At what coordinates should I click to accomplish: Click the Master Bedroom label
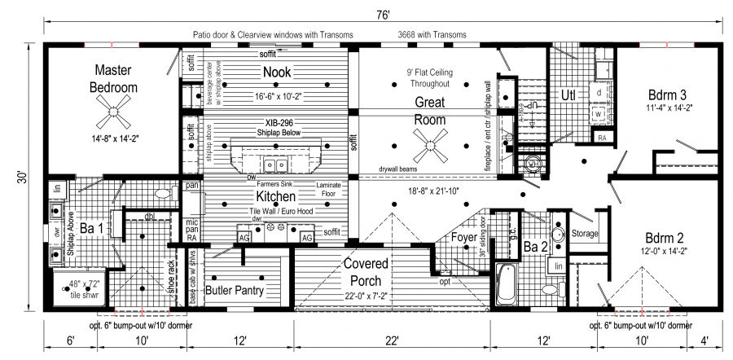click(114, 78)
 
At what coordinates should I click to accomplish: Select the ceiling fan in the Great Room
click(429, 148)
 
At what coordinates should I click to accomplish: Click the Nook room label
click(277, 72)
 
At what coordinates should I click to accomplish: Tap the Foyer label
click(463, 237)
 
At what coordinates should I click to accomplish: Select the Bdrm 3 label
click(670, 93)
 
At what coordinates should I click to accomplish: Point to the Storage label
click(586, 234)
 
